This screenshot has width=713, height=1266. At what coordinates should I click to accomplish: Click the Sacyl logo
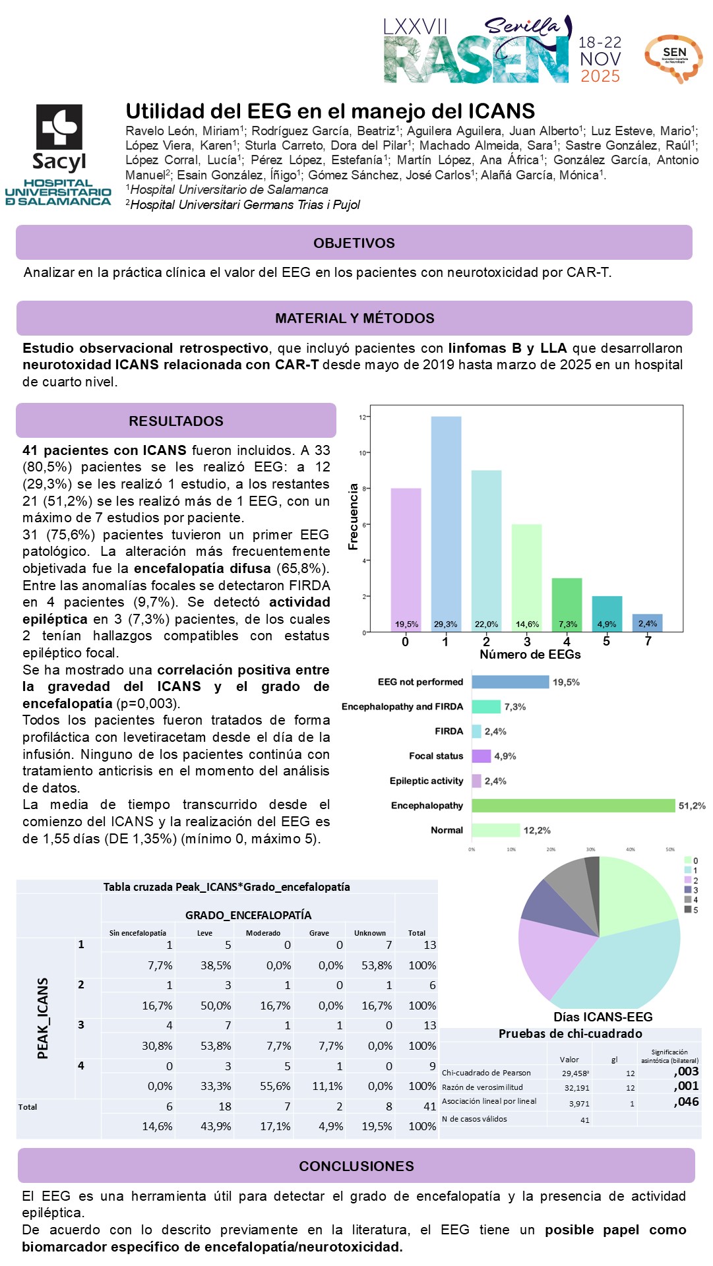(59, 138)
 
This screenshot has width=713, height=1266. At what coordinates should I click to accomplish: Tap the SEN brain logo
(673, 58)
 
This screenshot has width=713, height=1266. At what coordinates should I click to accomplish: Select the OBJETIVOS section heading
(354, 243)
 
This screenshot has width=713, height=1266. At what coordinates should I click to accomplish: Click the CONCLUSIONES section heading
(356, 1166)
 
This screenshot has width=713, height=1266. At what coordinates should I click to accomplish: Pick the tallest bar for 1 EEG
(446, 521)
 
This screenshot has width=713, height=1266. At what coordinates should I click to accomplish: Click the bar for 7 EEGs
(648, 622)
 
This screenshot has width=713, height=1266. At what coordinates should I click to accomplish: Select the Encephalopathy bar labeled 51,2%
(573, 805)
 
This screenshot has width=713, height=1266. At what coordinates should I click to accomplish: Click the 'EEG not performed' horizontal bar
(510, 682)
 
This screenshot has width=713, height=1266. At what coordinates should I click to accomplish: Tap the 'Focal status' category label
(436, 756)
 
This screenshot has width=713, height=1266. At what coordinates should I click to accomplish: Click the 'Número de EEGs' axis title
(530, 654)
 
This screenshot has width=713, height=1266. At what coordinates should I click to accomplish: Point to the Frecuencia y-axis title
(354, 516)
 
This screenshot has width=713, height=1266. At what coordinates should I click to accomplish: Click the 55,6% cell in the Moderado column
(275, 1086)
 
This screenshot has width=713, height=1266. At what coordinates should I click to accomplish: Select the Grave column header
(319, 933)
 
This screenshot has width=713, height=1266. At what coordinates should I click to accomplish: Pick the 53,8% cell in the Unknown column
(377, 965)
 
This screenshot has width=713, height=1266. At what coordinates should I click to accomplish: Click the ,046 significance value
(686, 1101)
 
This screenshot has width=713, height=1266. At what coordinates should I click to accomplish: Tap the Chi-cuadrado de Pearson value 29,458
(575, 1073)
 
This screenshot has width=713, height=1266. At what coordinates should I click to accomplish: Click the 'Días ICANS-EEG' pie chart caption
(603, 1017)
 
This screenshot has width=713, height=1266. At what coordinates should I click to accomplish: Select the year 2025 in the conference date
(600, 76)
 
